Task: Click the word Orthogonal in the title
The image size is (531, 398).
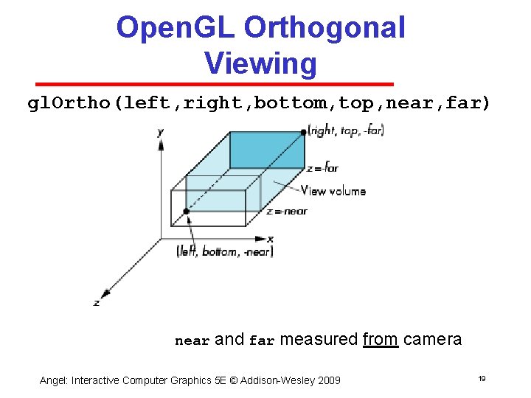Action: (324, 28)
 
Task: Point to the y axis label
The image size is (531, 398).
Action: (161, 132)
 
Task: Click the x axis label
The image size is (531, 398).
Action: (271, 239)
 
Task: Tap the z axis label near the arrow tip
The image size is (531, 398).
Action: (96, 302)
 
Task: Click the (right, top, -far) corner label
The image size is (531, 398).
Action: (347, 131)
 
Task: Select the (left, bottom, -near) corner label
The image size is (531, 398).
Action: (225, 252)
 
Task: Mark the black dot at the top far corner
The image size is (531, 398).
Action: (303, 133)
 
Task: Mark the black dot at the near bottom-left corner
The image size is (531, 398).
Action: (187, 212)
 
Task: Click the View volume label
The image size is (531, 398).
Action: (333, 191)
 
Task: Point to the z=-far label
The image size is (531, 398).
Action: (322, 168)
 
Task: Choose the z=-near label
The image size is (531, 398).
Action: (286, 212)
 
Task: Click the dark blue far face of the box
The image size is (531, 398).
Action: (266, 150)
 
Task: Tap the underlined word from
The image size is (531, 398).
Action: (381, 340)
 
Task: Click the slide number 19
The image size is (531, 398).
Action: (481, 379)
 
